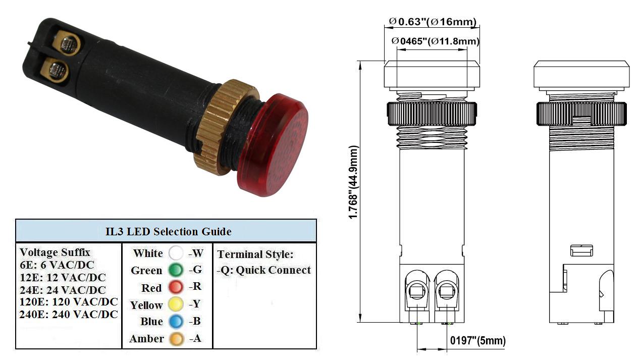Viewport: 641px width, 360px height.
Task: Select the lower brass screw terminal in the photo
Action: pos(56,70)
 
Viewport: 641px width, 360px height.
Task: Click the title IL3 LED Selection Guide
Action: pos(168,232)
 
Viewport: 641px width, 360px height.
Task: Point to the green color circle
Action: pos(176,270)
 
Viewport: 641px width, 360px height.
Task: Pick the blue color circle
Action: pos(176,321)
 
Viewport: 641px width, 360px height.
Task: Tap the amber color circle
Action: pos(176,339)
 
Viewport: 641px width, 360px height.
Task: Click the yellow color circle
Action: pos(176,304)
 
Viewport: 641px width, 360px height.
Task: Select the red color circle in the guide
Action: pos(176,287)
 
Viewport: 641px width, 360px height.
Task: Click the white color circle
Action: pos(176,253)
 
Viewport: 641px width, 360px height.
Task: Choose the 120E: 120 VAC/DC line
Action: pos(69,302)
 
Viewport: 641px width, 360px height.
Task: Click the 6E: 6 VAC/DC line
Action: pos(57,265)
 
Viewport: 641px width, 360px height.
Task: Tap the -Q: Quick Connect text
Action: pos(264,270)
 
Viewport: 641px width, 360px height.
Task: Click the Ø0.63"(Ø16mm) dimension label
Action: pos(433,22)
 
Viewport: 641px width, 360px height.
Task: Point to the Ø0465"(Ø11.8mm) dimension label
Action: pos(435,41)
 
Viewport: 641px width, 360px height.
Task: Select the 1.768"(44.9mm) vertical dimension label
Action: pos(353,182)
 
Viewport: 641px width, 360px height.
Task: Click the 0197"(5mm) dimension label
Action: pos(478,340)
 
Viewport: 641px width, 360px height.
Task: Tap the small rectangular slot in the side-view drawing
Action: pos(581,250)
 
